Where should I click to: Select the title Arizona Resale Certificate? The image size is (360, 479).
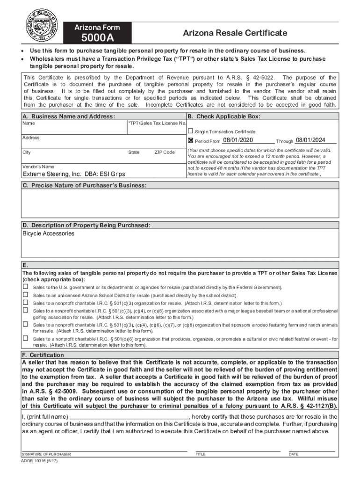pos(235,33)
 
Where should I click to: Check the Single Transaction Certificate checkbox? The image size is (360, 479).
pos(190,131)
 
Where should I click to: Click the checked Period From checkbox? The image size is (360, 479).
pos(190,140)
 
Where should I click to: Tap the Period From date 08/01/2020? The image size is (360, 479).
pos(238,140)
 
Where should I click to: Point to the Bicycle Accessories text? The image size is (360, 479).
pos(48,233)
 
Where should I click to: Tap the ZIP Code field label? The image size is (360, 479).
pos(164,152)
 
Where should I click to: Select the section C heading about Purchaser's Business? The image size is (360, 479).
pos(84,186)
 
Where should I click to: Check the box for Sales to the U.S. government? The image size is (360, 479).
pos(25,287)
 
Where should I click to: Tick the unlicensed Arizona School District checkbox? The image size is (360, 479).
pos(25,295)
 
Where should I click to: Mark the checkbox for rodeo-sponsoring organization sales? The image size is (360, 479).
pos(25,324)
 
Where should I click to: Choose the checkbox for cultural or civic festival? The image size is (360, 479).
pos(25,338)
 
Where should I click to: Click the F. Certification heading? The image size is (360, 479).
pos(43,355)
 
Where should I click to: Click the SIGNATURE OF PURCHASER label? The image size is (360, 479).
pos(46,454)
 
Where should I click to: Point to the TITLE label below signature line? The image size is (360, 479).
pos(200,454)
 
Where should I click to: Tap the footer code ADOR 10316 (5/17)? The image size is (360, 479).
pos(40,461)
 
